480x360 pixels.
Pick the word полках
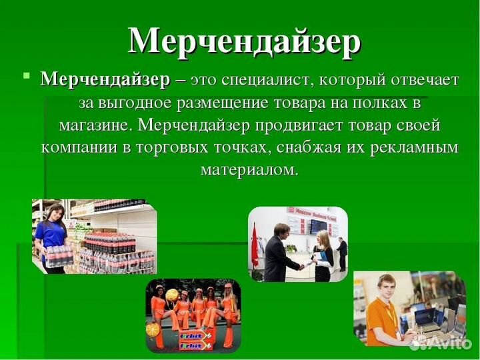(377, 103)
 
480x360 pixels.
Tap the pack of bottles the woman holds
(57, 256)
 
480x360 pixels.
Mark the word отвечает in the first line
(424, 80)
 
